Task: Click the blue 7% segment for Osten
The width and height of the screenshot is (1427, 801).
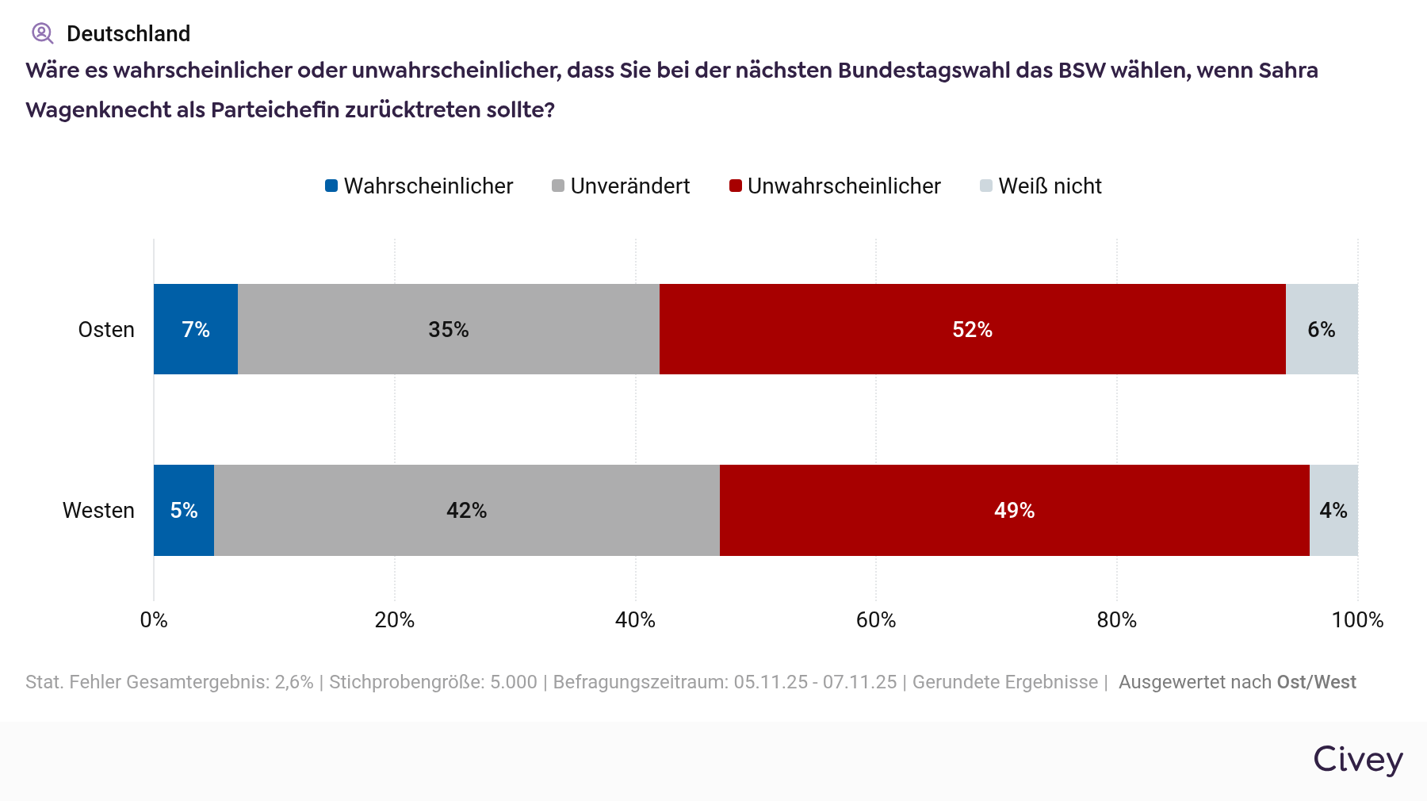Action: tap(196, 329)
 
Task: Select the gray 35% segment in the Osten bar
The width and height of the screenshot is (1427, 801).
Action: tap(449, 329)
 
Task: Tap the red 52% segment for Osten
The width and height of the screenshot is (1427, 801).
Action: tap(972, 329)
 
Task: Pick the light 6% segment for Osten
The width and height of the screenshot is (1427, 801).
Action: tap(1322, 329)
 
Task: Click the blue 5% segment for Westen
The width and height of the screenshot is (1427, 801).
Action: tap(184, 510)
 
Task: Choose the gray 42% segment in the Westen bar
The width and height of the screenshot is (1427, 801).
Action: tap(466, 510)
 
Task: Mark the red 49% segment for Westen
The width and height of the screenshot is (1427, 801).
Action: tap(1014, 510)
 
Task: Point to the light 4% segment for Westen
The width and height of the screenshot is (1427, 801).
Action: tap(1333, 510)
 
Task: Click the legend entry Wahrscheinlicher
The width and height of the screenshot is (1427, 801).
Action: tap(419, 186)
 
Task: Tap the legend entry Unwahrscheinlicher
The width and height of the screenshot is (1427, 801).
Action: tap(835, 186)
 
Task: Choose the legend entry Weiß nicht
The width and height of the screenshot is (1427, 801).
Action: tap(1041, 186)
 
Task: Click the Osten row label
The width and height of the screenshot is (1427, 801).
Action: tap(106, 329)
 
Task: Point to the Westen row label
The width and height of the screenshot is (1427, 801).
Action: tap(98, 510)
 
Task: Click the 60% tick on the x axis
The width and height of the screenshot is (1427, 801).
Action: tap(876, 619)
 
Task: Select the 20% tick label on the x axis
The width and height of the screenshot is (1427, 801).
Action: tap(395, 619)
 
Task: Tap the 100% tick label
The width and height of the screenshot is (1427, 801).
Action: tap(1357, 619)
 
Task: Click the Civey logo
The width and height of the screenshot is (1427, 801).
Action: tap(1358, 759)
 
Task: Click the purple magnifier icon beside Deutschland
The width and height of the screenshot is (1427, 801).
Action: tap(42, 33)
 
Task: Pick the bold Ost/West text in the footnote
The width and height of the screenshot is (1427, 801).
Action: tap(1316, 682)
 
